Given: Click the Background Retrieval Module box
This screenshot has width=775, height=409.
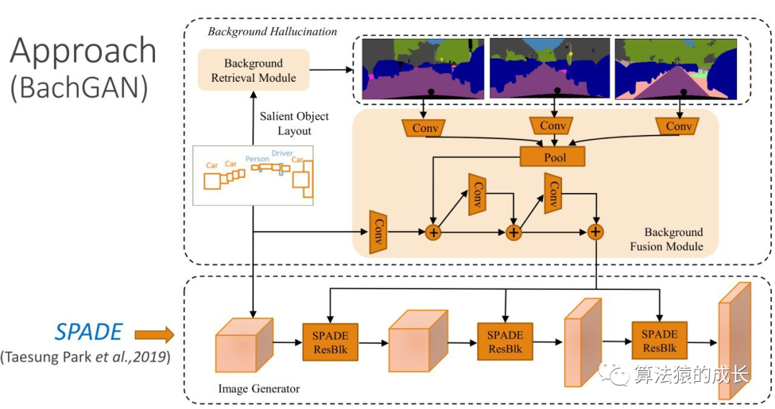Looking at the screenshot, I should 253,70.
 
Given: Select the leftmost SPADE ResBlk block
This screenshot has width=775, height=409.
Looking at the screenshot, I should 330,342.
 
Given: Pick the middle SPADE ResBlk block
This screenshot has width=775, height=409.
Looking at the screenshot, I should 504,342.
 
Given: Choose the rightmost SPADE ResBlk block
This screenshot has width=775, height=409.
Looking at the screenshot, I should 659,340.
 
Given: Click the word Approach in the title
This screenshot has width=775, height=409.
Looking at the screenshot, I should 83,51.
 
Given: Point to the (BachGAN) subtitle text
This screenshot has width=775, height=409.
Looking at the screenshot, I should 79,88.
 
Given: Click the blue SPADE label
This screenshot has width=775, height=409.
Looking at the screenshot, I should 88,332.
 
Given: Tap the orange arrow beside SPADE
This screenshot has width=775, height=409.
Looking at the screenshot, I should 154,334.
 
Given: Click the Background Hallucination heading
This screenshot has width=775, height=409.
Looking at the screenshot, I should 272,32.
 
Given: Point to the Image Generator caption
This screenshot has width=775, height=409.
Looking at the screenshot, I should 258,389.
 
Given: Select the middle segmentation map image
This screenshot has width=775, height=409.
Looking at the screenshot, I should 550,68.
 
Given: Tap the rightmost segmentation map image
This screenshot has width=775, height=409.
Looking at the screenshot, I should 676,68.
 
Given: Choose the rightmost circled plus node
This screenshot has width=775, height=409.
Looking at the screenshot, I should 595,232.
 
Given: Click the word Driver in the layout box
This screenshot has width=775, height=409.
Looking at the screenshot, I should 282,154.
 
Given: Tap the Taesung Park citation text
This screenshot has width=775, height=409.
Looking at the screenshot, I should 85,357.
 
